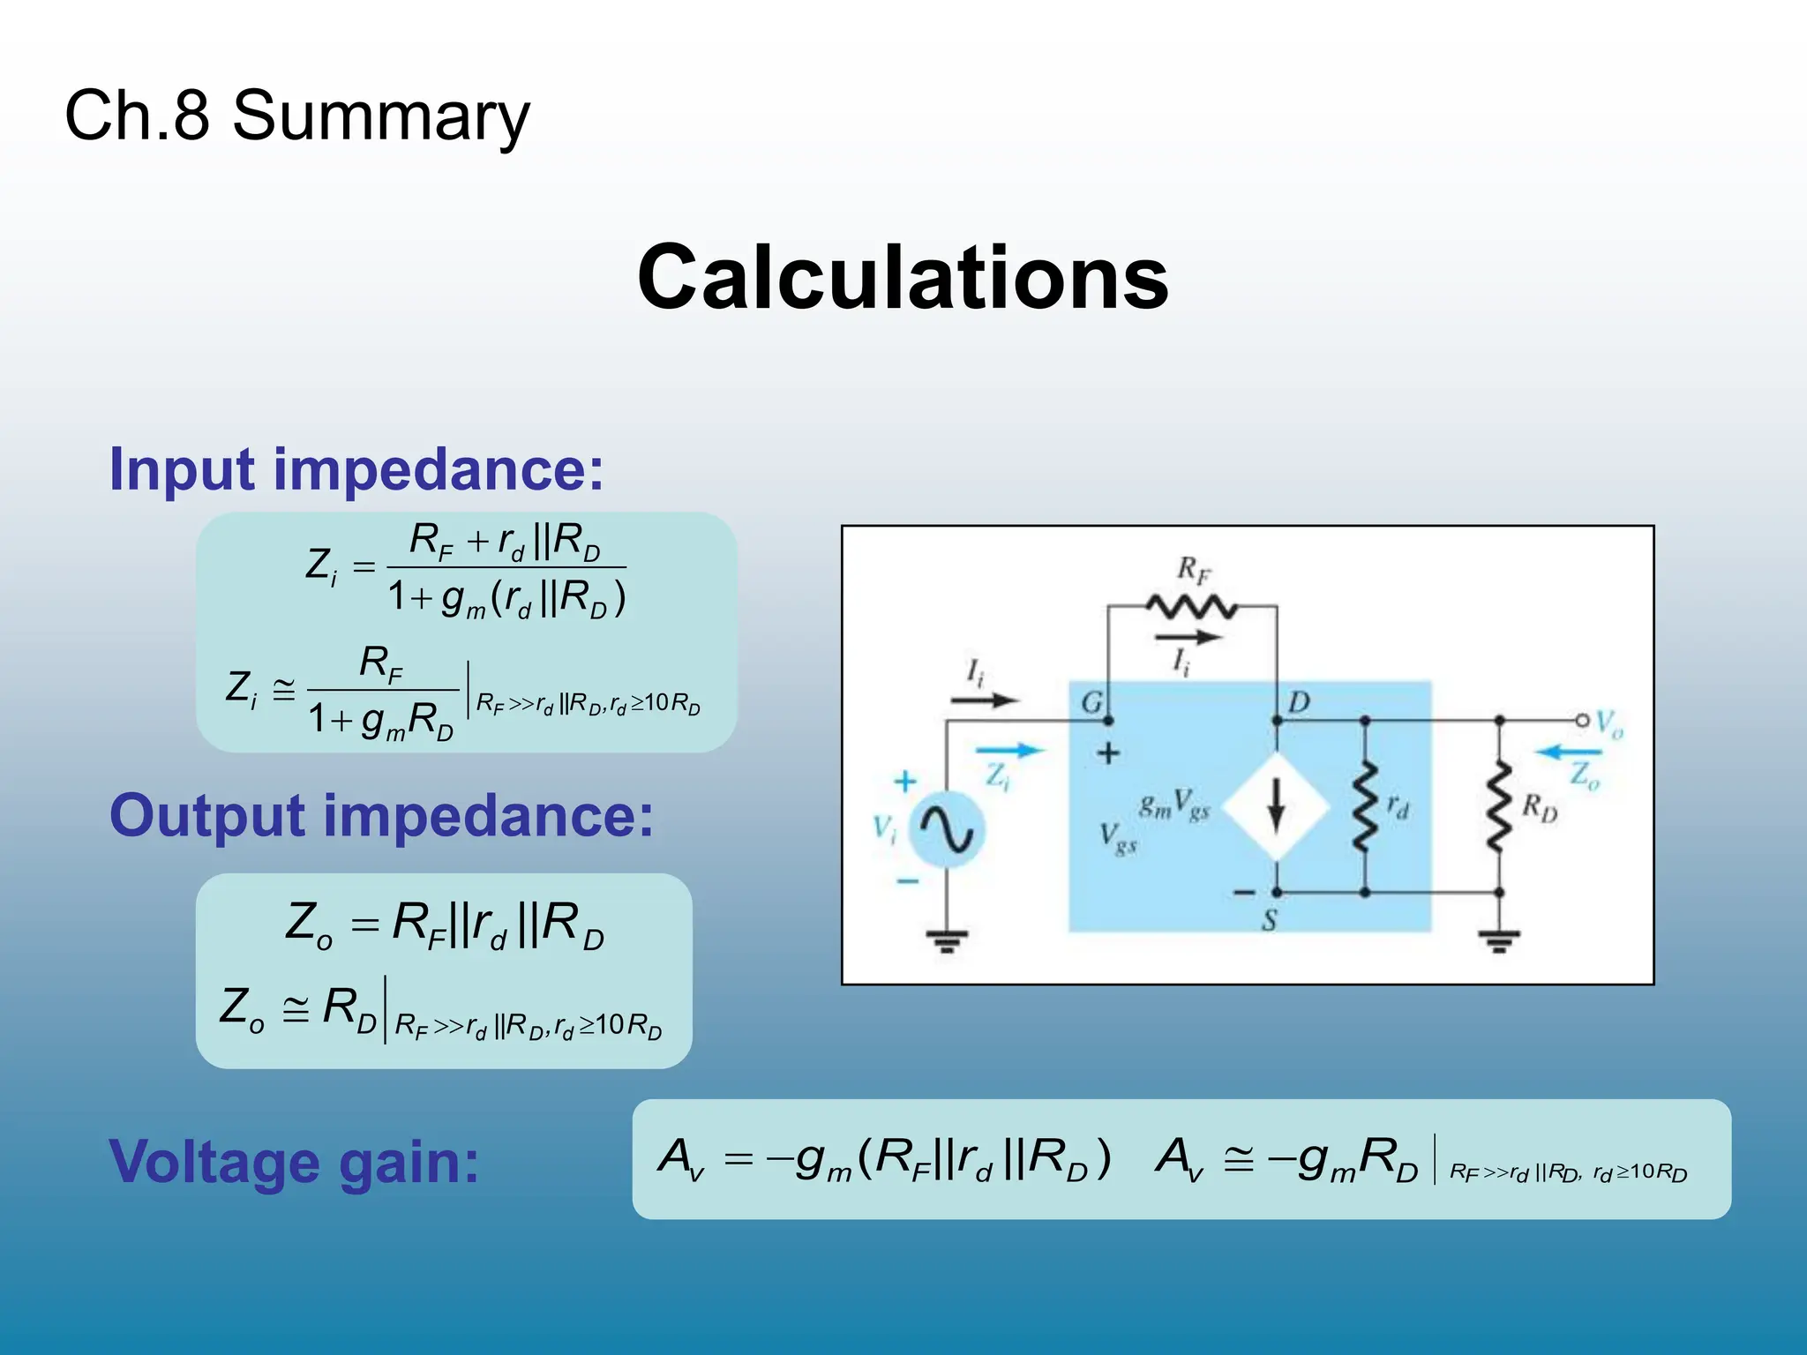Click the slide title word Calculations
[903, 278]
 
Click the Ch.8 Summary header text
[297, 116]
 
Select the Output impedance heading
[381, 815]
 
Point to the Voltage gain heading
[294, 1162]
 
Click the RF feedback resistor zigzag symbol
[1191, 607]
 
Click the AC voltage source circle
[946, 830]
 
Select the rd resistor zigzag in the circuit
[1365, 807]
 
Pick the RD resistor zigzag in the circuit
[1499, 807]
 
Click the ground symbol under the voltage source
[946, 942]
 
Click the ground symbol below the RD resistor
[1499, 942]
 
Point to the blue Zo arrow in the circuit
[1568, 752]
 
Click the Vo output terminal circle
[1582, 721]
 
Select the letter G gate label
[1091, 703]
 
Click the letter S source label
[1270, 921]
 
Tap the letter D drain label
[1299, 703]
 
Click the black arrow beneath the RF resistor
[1188, 637]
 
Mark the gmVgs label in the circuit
[1173, 805]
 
